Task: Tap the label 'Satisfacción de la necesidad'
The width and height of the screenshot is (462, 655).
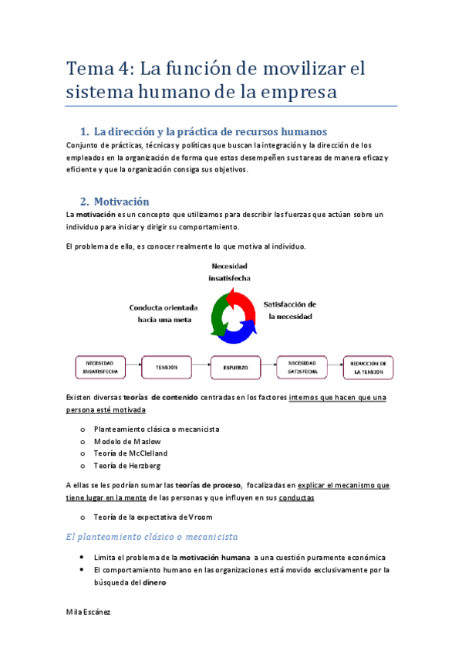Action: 290,310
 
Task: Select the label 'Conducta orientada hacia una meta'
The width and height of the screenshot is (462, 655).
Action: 164,313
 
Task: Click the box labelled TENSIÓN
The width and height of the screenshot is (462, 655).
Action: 165,368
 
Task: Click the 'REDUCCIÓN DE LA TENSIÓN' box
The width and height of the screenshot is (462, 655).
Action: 369,368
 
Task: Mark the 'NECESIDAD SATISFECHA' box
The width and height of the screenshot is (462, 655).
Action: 302,368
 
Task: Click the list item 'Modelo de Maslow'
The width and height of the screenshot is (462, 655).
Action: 127,441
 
